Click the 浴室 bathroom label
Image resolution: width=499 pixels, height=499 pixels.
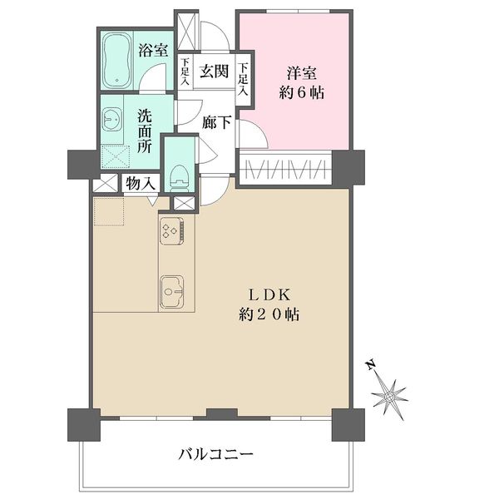[x=153, y=51]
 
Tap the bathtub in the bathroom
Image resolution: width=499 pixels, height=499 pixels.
[x=117, y=61]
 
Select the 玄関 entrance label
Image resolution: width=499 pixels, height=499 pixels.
[x=215, y=72]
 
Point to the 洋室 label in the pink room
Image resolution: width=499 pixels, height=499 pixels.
[x=302, y=73]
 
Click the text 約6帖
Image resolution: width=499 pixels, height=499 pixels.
[x=302, y=93]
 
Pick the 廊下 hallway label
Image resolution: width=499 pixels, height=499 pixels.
[x=217, y=122]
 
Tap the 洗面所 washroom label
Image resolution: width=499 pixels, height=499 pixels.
[x=145, y=131]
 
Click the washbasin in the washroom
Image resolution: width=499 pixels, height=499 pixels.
[x=112, y=120]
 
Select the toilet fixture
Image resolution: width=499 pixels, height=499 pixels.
[x=180, y=178]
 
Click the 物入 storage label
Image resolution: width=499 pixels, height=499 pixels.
[x=141, y=184]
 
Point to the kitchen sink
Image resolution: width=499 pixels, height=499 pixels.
[x=172, y=292]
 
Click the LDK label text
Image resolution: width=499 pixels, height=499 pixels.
[x=269, y=295]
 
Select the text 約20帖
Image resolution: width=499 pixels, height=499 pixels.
[x=269, y=314]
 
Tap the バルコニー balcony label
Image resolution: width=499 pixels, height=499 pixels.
[x=215, y=454]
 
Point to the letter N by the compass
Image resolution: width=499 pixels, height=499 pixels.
[x=370, y=365]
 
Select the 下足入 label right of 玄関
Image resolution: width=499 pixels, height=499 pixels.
[x=243, y=79]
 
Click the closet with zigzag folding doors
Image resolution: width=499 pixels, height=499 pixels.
[x=285, y=169]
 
